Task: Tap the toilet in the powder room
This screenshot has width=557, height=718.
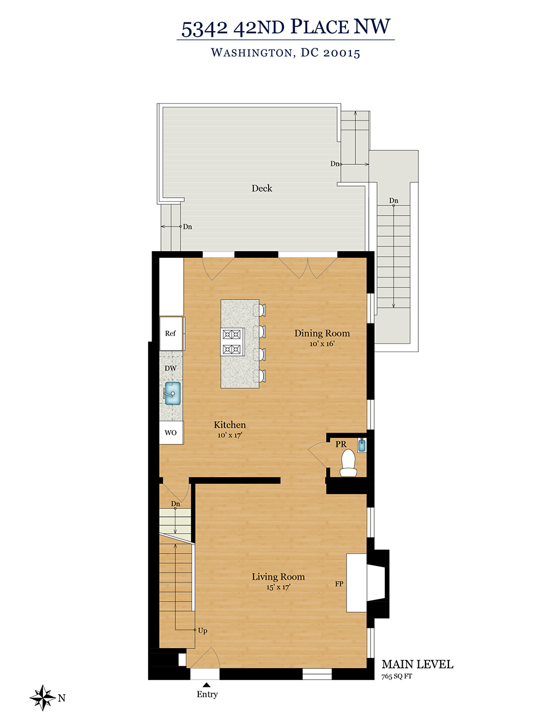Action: pyautogui.click(x=348, y=463)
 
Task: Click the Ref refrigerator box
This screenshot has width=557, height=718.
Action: pyautogui.click(x=172, y=334)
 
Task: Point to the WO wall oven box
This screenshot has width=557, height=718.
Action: pyautogui.click(x=171, y=432)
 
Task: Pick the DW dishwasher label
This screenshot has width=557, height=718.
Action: pyautogui.click(x=170, y=368)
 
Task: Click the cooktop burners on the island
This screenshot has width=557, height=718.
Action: pyautogui.click(x=233, y=341)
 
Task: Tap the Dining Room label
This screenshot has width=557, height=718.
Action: pyautogui.click(x=322, y=333)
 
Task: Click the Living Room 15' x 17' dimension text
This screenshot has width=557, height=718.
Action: pyautogui.click(x=278, y=587)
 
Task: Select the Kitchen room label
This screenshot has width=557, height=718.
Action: pyautogui.click(x=229, y=424)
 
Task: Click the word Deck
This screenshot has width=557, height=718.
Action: pyautogui.click(x=262, y=188)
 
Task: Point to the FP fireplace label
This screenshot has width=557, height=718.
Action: pyautogui.click(x=339, y=584)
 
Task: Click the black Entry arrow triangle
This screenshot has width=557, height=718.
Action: pyautogui.click(x=206, y=685)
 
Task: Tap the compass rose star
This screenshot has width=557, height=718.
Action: pyautogui.click(x=43, y=697)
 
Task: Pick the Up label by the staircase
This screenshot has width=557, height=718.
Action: pyautogui.click(x=203, y=631)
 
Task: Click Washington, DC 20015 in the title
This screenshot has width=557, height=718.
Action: pyautogui.click(x=285, y=53)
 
